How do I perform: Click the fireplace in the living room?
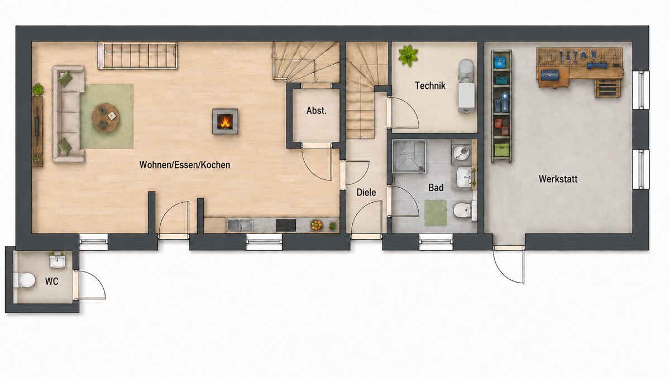coord(225,121)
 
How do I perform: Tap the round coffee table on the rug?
coord(106,117)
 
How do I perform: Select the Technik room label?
coord(430,85)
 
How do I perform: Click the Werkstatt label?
coord(558,179)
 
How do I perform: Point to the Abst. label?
coord(316,111)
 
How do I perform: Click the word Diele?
coord(366,192)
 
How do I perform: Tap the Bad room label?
coord(436,188)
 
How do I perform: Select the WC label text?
coord(52,281)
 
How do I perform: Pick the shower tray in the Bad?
coord(409,156)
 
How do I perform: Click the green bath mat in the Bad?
coord(435,213)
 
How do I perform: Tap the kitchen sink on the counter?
coord(240,225)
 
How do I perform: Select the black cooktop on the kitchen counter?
coord(286,225)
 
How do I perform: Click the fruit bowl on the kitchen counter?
coord(317,225)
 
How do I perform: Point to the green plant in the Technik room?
coord(408,55)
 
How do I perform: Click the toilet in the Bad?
coord(465,211)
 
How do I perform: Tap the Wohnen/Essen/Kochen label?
coord(185,165)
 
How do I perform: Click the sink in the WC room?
coord(57,261)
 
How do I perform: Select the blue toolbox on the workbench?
coord(550,74)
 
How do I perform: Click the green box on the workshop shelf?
coord(501,150)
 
